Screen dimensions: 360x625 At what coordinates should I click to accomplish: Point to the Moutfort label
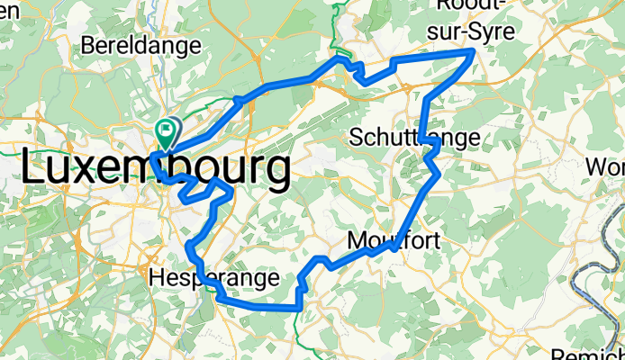pos(394,241)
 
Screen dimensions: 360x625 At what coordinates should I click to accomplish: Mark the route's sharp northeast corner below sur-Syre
pos(474,53)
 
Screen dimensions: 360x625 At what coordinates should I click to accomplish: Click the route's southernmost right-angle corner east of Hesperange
pos(299,307)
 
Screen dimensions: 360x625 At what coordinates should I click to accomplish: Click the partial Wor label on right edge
pos(604,167)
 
